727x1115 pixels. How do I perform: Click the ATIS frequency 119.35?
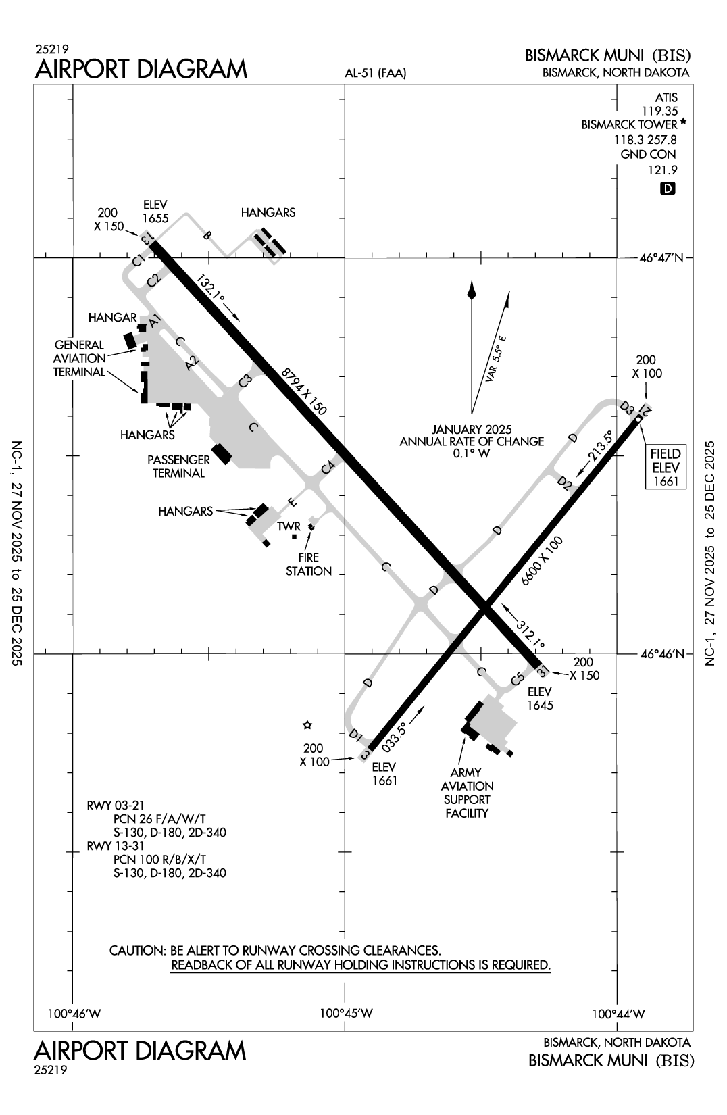tap(660, 111)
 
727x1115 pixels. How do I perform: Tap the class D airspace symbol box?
tap(668, 189)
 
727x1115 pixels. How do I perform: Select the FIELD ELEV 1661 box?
tap(665, 466)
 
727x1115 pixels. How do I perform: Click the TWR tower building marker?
tap(294, 537)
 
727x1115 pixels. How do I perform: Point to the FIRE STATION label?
tap(309, 564)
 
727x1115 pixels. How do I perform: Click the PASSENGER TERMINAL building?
tap(222, 454)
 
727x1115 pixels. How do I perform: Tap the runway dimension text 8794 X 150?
tap(304, 391)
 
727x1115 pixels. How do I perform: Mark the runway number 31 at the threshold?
tap(542, 672)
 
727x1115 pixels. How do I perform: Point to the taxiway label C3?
tap(245, 381)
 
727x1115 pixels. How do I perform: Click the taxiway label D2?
tap(565, 482)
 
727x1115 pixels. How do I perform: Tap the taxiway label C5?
tap(518, 679)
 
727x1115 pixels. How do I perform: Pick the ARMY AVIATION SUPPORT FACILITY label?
tap(467, 793)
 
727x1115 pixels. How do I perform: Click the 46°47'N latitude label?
tap(661, 257)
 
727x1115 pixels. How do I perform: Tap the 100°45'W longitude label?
tap(346, 1013)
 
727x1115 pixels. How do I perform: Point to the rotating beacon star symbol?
tap(307, 725)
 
